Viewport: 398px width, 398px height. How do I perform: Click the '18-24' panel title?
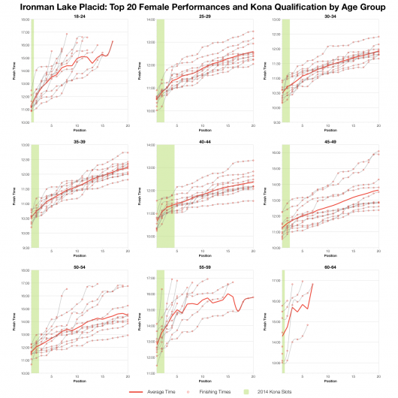coord(79,15)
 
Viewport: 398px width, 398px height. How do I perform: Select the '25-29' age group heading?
coord(205,15)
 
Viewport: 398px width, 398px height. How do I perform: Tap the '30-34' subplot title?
coord(331,15)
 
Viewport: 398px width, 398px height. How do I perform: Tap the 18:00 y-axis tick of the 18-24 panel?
coord(25,20)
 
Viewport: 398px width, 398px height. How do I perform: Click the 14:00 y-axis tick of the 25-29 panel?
coord(151,20)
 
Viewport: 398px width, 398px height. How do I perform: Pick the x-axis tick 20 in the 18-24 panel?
coord(128,125)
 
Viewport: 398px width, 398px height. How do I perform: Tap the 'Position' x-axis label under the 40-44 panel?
coord(205,255)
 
